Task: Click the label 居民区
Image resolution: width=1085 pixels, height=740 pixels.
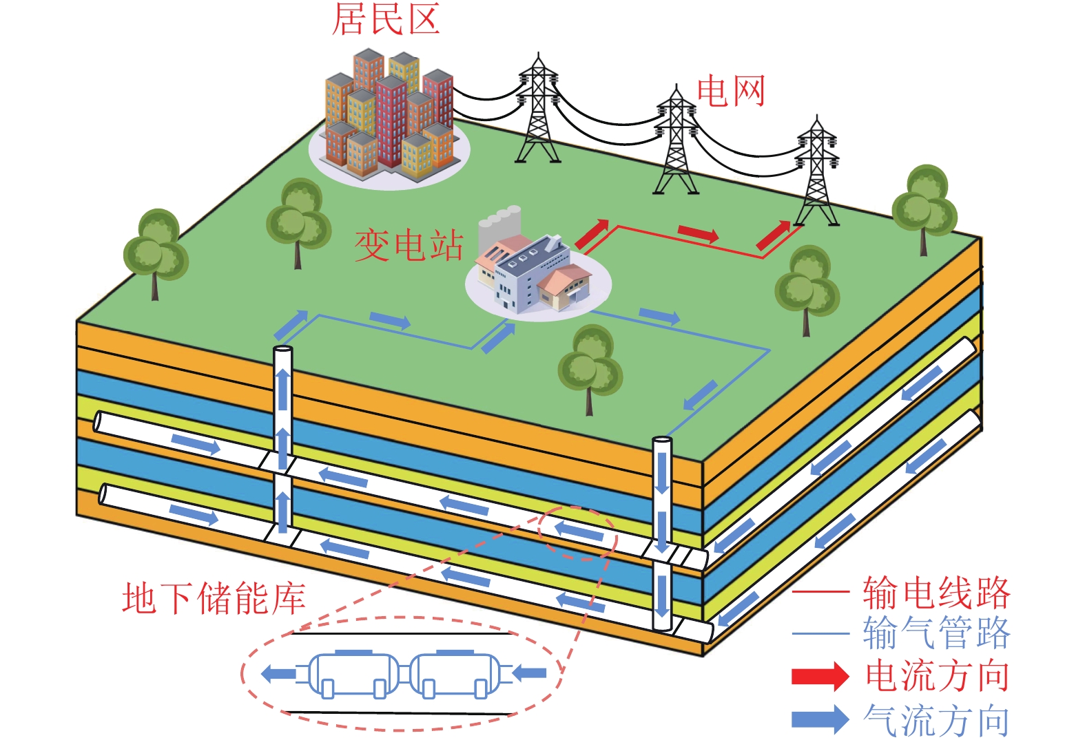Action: pyautogui.click(x=386, y=19)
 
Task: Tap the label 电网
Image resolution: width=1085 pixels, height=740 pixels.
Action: pyautogui.click(x=731, y=92)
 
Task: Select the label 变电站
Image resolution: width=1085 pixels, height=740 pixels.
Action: pyautogui.click(x=409, y=246)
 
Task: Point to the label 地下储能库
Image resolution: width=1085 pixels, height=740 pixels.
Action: pyautogui.click(x=214, y=598)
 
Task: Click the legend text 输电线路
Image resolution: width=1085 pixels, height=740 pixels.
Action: pyautogui.click(x=936, y=592)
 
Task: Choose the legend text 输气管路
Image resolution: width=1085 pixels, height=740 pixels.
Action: pyautogui.click(x=936, y=633)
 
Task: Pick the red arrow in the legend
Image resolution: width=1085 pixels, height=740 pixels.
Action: pyautogui.click(x=820, y=676)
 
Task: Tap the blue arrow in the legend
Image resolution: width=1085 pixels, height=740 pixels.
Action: pyautogui.click(x=820, y=719)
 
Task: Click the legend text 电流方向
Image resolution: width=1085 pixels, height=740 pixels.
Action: pyautogui.click(x=937, y=676)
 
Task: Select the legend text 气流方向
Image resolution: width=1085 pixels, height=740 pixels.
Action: pyautogui.click(x=937, y=720)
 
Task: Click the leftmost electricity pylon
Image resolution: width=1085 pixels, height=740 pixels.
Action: pyautogui.click(x=538, y=110)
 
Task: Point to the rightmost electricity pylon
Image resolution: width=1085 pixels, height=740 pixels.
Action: pyautogui.click(x=817, y=172)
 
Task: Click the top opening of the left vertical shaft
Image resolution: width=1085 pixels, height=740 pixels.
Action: pyautogui.click(x=282, y=350)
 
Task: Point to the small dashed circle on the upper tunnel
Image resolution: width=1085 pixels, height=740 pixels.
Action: pyautogui.click(x=577, y=533)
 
